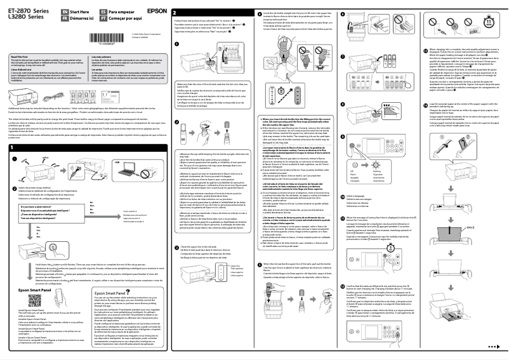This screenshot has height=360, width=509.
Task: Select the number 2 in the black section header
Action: click(176, 12)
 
